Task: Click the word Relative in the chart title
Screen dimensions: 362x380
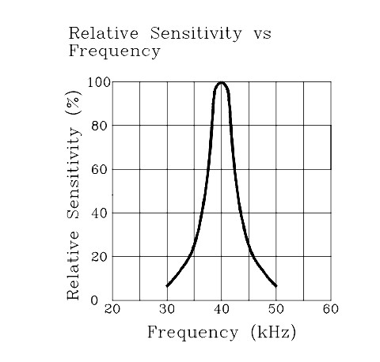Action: [97, 33]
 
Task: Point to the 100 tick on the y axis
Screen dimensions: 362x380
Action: [98, 81]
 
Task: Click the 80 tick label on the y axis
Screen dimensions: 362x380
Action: [101, 125]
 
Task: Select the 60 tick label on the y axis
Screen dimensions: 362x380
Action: [101, 169]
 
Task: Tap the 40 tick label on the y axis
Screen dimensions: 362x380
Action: [101, 213]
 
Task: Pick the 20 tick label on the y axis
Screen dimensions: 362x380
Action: [101, 256]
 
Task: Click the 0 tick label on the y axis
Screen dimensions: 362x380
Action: [104, 300]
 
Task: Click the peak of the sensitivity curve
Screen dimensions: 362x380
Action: [222, 82]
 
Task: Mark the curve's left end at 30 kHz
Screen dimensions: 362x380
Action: [167, 285]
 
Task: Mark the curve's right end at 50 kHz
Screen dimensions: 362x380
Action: [276, 285]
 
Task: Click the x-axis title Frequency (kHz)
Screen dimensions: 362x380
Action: [222, 333]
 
